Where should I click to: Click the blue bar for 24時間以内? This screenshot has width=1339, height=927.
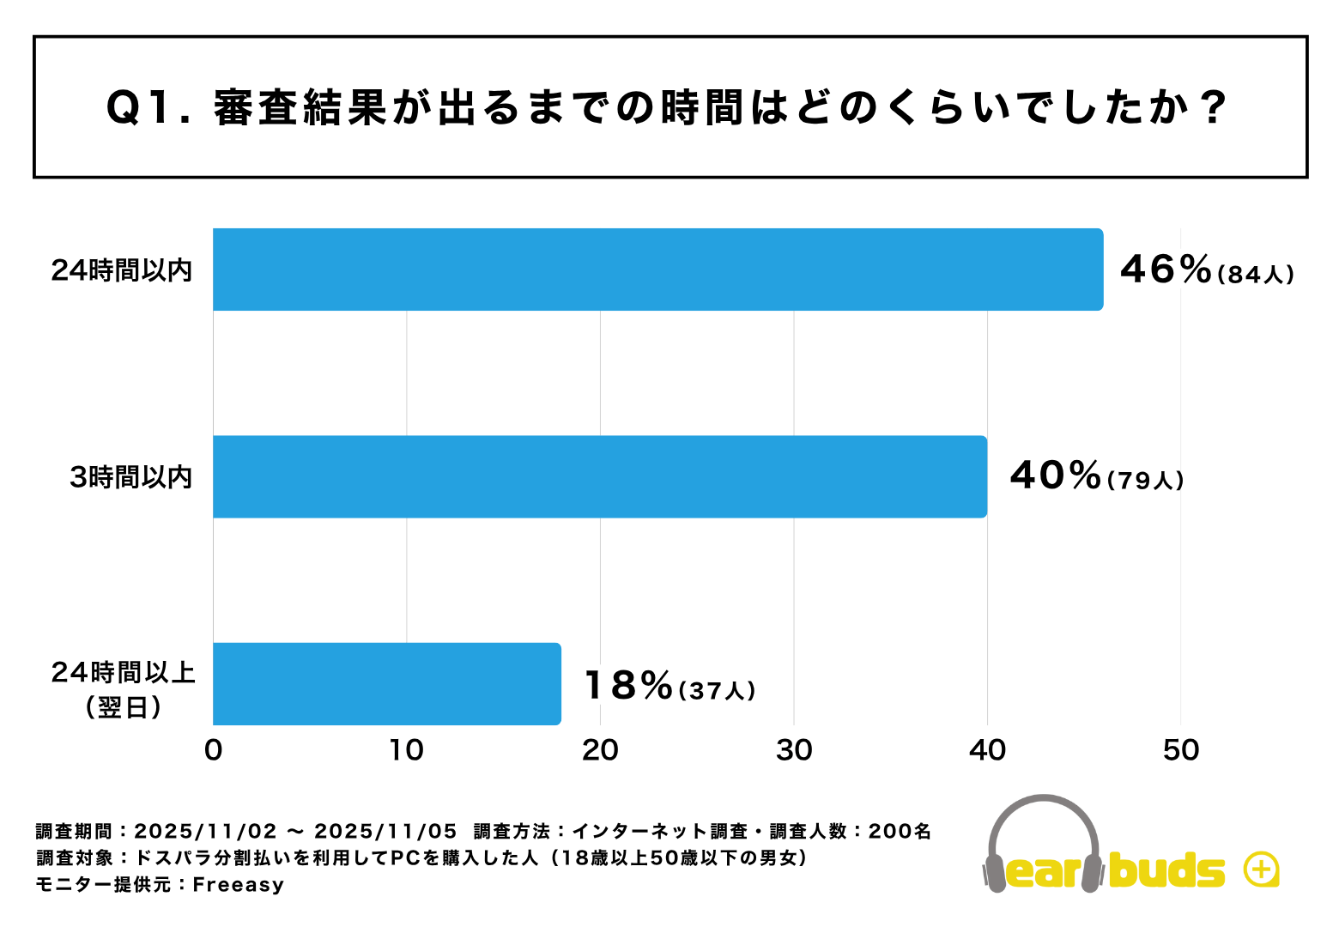coord(657,270)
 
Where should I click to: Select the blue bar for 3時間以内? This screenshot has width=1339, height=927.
coord(599,476)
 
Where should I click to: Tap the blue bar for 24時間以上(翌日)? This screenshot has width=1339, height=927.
coord(386,683)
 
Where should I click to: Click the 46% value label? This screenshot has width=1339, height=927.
coord(1166,270)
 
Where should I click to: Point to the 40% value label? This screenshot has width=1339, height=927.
coord(1056,476)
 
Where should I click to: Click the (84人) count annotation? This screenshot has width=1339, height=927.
coord(1256,275)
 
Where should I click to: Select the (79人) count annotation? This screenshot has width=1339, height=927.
coord(1146,481)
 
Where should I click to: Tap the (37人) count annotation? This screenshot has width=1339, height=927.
coord(717,691)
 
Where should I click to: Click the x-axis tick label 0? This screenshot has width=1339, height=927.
coord(213,750)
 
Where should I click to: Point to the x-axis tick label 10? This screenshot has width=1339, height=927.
coord(406,750)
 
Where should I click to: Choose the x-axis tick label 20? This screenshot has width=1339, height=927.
coord(600,750)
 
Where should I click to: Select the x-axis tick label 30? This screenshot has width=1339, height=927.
coord(794,750)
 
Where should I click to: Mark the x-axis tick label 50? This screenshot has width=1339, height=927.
coord(1181,750)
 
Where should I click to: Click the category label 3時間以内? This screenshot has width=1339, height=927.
coord(130,477)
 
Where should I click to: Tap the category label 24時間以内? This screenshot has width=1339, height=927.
coord(122,270)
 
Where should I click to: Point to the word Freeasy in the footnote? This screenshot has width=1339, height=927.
coord(238,885)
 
